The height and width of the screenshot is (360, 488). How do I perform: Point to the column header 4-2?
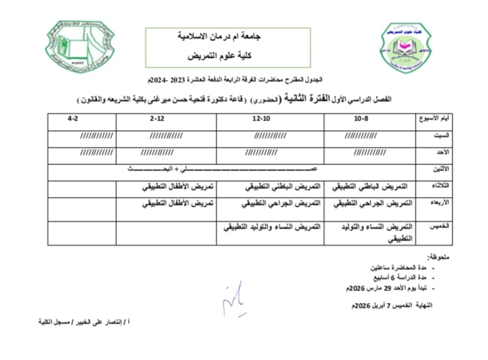pyautogui.click(x=71, y=118)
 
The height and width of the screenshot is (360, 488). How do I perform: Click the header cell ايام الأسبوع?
pyautogui.click(x=432, y=118)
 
